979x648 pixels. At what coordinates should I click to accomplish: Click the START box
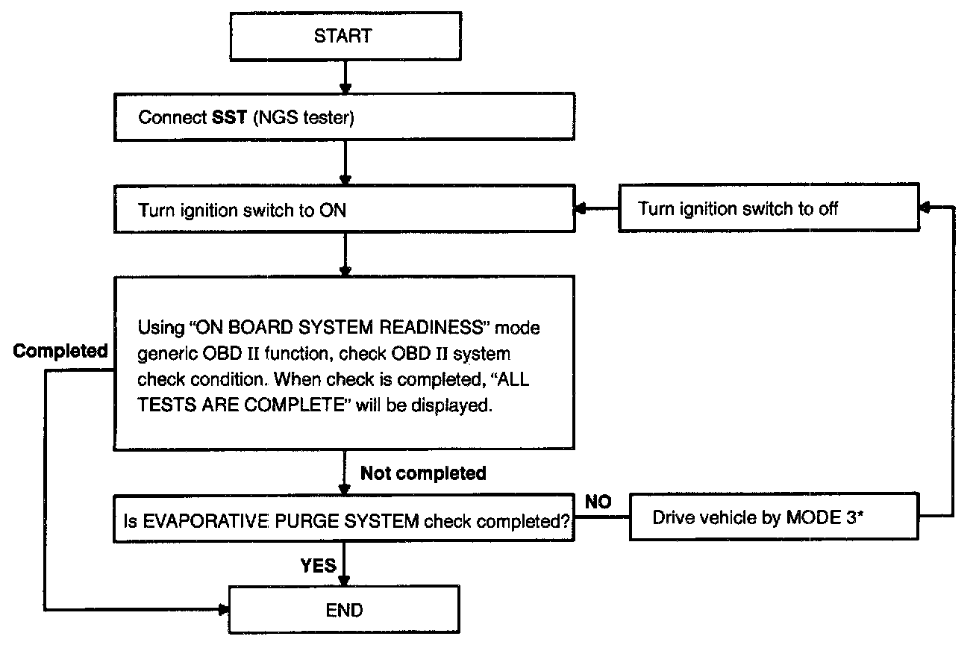[345, 37]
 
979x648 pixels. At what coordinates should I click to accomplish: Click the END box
[344, 609]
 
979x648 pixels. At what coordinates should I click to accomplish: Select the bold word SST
[229, 117]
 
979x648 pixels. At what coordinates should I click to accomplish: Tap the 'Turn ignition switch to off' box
[769, 208]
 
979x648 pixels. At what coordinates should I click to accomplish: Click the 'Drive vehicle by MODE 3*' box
[774, 517]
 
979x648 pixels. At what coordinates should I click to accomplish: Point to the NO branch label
[598, 502]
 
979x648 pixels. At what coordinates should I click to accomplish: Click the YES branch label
[318, 565]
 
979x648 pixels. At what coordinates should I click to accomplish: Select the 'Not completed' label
[423, 473]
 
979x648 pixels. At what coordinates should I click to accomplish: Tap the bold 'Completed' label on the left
[60, 351]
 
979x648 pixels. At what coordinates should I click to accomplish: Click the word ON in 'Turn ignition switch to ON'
[333, 211]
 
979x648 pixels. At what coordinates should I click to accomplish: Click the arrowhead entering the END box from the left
[223, 609]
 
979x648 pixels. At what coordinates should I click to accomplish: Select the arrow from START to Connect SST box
[345, 77]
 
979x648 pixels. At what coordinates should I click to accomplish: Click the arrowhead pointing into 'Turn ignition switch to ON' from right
[581, 209]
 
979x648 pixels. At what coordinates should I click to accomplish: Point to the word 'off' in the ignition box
[828, 208]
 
